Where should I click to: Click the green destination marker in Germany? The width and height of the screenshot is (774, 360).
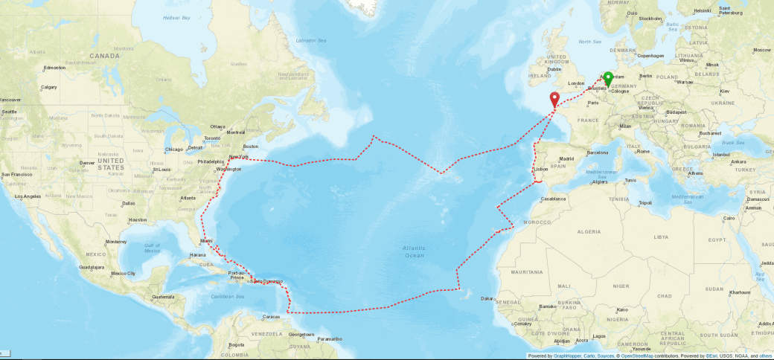pyautogui.click(x=608, y=78)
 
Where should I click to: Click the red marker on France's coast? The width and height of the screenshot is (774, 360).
pyautogui.click(x=554, y=99)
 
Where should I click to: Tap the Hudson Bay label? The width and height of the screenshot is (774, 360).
pyautogui.click(x=176, y=16)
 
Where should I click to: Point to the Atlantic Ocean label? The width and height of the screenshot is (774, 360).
pyautogui.click(x=413, y=251)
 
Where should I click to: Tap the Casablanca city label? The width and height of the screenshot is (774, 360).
pyautogui.click(x=553, y=199)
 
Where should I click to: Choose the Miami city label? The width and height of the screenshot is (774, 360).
pyautogui.click(x=206, y=241)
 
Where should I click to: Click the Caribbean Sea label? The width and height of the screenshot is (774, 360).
pyautogui.click(x=227, y=295)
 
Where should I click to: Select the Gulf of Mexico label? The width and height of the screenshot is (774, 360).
pyautogui.click(x=153, y=248)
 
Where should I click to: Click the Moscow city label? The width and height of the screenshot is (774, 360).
pyautogui.click(x=761, y=50)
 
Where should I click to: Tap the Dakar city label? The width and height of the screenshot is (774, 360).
pyautogui.click(x=487, y=298)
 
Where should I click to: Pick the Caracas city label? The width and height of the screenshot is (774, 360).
pyautogui.click(x=272, y=317)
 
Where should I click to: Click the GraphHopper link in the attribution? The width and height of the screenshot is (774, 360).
pyautogui.click(x=566, y=356)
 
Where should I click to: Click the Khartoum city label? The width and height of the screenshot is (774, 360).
pyautogui.click(x=739, y=292)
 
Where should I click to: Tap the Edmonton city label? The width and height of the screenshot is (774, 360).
pyautogui.click(x=55, y=68)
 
